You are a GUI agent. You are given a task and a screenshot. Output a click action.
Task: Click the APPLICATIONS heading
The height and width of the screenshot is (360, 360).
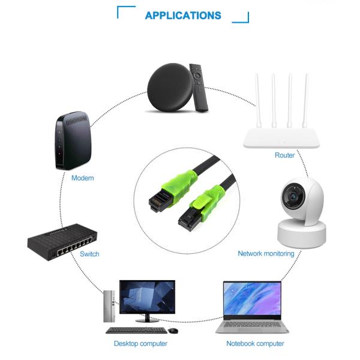183,16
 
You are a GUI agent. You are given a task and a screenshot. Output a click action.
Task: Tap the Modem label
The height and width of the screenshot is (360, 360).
83,178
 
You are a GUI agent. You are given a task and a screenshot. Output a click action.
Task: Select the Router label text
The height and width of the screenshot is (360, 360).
284,155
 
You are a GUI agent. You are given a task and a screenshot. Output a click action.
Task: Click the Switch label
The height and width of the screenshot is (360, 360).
89,254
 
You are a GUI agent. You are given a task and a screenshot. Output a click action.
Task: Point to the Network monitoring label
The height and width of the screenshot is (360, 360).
266,253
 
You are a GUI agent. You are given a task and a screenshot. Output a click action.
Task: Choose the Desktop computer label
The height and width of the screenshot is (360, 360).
140,343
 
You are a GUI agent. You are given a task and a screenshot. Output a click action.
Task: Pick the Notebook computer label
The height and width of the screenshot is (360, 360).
255,343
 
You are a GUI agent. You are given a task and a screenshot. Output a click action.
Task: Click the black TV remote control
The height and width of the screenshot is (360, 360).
199,88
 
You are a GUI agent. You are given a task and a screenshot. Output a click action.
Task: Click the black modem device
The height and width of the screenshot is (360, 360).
73,140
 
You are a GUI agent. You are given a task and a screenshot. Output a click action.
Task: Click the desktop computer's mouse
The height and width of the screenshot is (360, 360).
173,331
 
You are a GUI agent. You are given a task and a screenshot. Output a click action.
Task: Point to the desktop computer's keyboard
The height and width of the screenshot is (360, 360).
136,331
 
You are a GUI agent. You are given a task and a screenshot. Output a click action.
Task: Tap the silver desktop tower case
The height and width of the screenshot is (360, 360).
109,306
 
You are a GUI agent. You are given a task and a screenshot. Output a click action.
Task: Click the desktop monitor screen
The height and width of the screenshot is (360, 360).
147,296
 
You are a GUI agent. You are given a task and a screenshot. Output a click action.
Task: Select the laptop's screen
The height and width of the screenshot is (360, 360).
252,299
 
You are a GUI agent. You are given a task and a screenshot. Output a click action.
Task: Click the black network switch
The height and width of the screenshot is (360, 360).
62,242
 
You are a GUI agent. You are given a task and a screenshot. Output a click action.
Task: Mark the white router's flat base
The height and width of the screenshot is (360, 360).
281,138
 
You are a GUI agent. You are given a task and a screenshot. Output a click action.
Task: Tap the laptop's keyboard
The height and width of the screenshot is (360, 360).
252,324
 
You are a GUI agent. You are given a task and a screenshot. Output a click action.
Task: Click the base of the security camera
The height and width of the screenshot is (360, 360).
302,233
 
